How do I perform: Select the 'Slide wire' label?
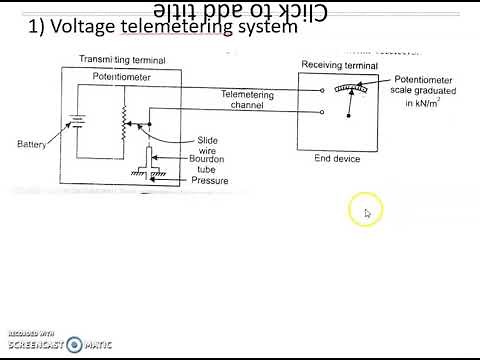tap(205, 145)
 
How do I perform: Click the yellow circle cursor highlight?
tap(365, 211)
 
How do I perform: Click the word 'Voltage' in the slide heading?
tap(72, 28)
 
